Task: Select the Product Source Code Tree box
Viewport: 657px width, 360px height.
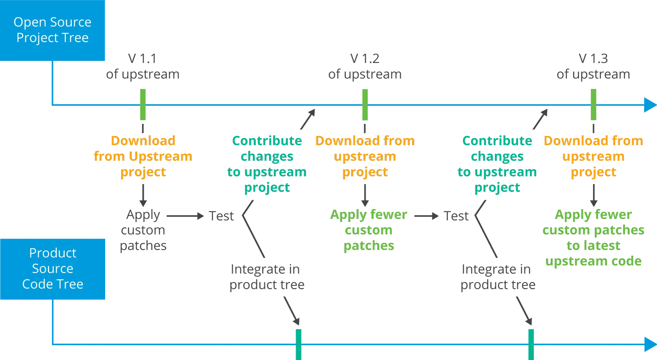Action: point(53,269)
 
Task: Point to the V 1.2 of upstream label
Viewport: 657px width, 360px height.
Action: point(365,66)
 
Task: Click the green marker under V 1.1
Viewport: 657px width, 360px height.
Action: point(143,104)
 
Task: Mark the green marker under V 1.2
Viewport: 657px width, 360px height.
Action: point(365,104)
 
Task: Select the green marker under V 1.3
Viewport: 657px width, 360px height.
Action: point(593,104)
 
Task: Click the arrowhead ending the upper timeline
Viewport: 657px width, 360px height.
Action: point(649,105)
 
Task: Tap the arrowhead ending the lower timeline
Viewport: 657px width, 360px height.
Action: point(649,345)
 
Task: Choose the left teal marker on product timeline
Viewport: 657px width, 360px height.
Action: point(299,344)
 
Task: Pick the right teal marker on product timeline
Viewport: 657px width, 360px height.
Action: point(531,344)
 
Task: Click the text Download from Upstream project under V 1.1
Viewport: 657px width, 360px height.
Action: point(143,156)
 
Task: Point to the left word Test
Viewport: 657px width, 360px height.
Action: point(222,216)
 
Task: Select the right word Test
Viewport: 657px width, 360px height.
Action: point(457,216)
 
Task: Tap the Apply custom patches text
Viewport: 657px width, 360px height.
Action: point(143,230)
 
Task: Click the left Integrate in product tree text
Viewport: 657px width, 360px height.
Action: point(267,277)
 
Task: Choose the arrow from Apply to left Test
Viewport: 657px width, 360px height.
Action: point(185,216)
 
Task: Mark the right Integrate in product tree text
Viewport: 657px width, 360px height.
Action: point(498,277)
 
